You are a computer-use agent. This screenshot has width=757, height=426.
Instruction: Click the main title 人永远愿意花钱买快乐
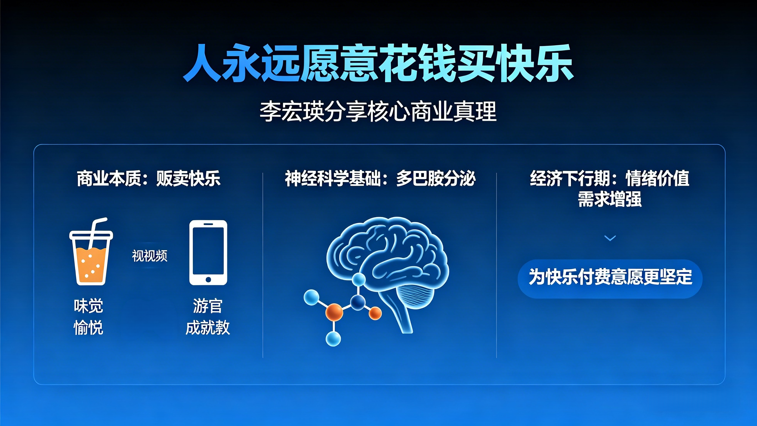click(x=378, y=63)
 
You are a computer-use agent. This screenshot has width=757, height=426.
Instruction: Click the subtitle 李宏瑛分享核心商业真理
click(x=378, y=112)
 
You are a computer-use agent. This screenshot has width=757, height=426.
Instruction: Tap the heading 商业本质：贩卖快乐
click(x=149, y=178)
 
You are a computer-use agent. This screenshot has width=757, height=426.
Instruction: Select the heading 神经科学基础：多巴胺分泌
click(x=380, y=178)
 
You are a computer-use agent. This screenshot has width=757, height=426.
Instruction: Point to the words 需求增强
click(x=610, y=199)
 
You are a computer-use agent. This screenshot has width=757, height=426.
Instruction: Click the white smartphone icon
click(x=208, y=253)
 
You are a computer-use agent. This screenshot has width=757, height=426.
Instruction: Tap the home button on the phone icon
click(x=208, y=279)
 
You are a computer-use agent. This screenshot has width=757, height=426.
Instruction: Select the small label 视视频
click(x=149, y=256)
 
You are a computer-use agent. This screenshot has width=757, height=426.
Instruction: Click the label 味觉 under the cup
click(x=88, y=306)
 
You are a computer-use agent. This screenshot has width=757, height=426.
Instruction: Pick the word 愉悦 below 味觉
click(x=88, y=327)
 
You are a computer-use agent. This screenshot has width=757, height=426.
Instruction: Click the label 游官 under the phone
click(x=207, y=306)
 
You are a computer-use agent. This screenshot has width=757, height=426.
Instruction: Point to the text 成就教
click(x=207, y=327)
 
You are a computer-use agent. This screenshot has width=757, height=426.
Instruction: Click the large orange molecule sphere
click(x=334, y=312)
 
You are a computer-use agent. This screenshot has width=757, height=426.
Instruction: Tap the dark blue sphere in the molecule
click(x=358, y=302)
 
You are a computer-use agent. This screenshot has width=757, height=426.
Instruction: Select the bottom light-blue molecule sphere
click(x=333, y=339)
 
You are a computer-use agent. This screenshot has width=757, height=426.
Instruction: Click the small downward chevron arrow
click(x=610, y=238)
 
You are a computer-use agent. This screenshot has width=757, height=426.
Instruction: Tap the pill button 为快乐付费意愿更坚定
click(x=610, y=278)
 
